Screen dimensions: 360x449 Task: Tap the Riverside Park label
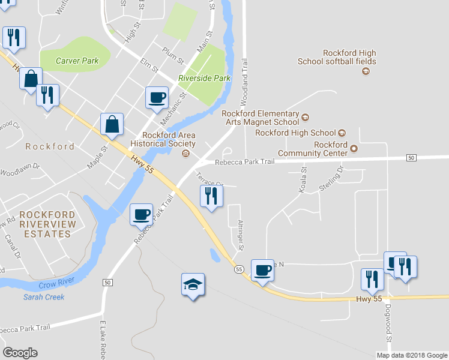click(x=204, y=78)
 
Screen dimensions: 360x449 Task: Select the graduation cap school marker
click(x=193, y=284)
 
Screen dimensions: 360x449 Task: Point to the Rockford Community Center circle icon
click(x=354, y=148)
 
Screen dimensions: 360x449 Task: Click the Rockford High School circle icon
click(x=342, y=133)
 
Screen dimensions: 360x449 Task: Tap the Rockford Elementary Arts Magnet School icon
click(x=305, y=117)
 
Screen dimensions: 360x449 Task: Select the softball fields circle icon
click(x=366, y=71)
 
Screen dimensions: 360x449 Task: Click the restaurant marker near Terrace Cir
click(x=211, y=196)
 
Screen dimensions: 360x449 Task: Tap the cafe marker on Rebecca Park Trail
click(x=142, y=214)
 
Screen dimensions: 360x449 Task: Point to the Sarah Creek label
click(x=44, y=296)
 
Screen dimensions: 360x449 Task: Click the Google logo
click(x=20, y=352)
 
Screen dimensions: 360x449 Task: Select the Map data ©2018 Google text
click(x=412, y=355)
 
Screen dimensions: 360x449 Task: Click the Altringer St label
click(x=240, y=234)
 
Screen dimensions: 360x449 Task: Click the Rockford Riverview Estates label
click(x=47, y=224)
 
